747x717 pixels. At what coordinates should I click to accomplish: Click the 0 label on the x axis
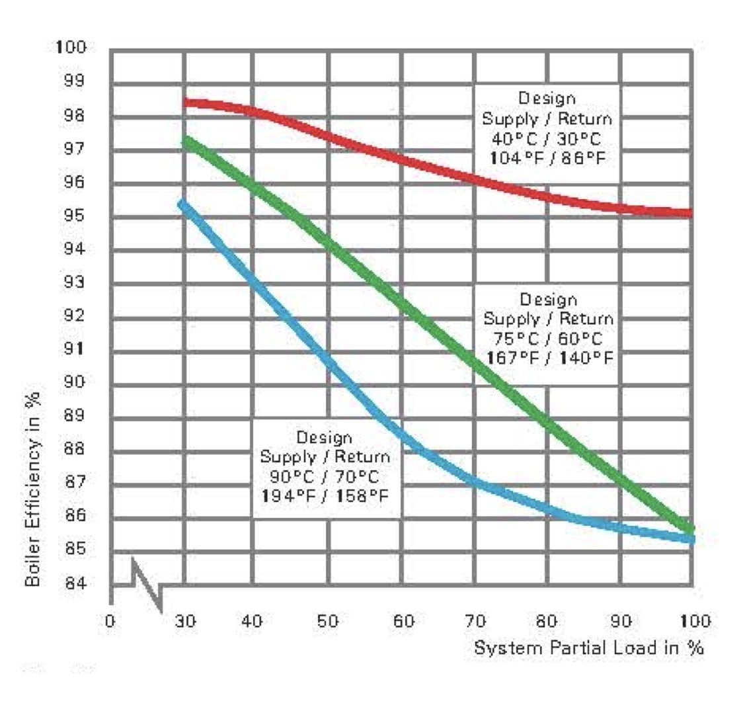[110, 621]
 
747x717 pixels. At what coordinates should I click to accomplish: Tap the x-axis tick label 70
[475, 621]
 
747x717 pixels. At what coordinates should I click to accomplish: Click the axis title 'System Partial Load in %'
[588, 648]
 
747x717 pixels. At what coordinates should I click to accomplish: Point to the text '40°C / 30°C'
[547, 139]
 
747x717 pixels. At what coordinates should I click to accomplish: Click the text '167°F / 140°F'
[550, 358]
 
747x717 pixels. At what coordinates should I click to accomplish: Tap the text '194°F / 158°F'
[325, 495]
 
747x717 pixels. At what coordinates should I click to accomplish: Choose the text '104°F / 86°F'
[547, 158]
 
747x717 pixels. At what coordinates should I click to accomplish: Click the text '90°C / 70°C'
[325, 476]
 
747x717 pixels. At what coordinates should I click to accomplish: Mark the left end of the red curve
[186, 103]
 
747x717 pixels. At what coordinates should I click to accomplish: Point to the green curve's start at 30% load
[186, 140]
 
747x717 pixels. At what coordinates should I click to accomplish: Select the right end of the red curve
[690, 213]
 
